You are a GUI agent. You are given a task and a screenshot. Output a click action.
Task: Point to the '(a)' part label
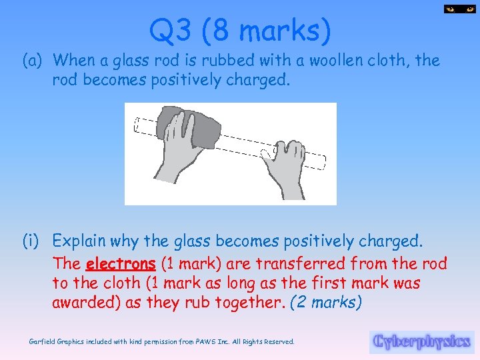tap(33, 61)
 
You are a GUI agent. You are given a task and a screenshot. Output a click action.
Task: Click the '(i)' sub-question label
tap(33, 240)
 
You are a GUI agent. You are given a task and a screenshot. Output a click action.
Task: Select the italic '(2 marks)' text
tap(327, 302)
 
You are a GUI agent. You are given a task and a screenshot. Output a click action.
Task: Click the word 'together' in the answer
tap(247, 302)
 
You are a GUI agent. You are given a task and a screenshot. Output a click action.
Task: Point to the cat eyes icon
tap(458, 9)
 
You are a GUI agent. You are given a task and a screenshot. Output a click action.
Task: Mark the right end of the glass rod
tap(324, 162)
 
